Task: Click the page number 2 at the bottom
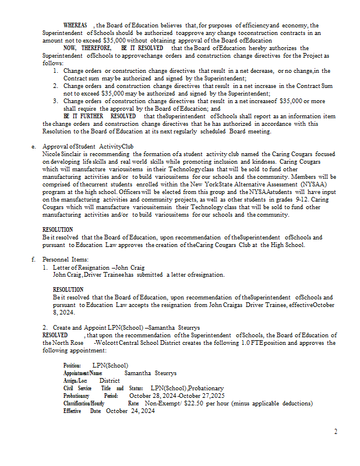[336, 432]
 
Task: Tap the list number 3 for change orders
[55, 101]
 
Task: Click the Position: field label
[72, 365]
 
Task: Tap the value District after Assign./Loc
[110, 380]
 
